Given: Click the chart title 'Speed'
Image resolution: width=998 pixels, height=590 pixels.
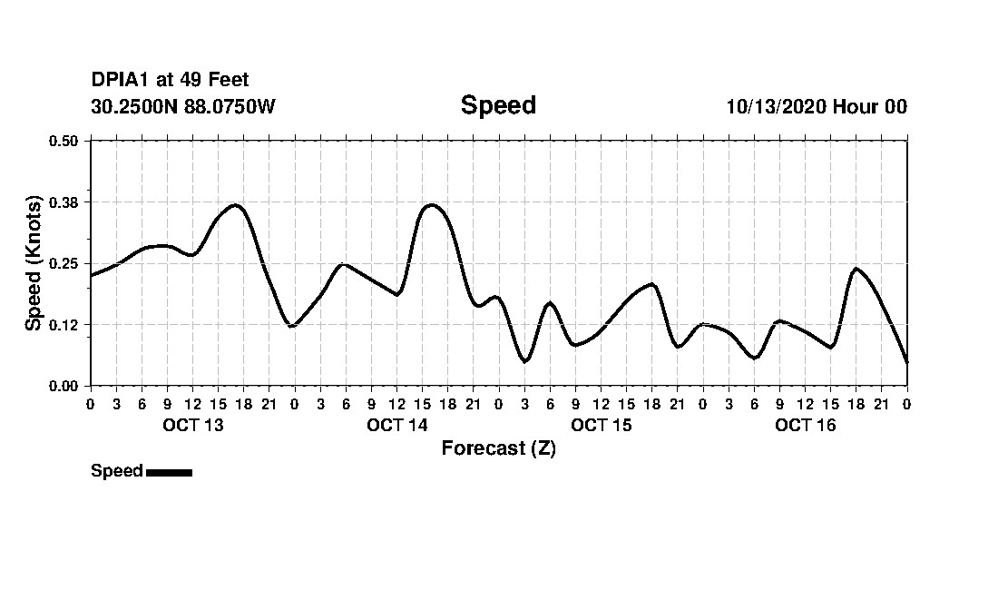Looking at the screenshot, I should click(498, 105).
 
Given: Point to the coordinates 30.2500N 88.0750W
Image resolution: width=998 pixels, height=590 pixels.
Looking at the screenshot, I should click(182, 106).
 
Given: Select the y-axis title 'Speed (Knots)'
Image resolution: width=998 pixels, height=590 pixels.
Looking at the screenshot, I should click(34, 262).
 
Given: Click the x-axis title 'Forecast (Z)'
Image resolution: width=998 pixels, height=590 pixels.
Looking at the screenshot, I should click(498, 448).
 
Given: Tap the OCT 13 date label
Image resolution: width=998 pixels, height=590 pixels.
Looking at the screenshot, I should click(192, 425).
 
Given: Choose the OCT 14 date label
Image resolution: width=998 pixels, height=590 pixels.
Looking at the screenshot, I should click(396, 425).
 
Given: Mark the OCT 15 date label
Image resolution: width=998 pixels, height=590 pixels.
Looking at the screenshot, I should click(601, 425).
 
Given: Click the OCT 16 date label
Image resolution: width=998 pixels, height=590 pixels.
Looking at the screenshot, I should click(805, 425).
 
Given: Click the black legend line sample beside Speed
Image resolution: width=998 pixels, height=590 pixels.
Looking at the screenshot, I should click(169, 472).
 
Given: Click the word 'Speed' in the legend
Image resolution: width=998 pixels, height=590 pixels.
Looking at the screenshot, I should click(117, 471).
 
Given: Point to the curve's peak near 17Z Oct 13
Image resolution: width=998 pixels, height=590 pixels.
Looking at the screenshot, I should click(236, 205).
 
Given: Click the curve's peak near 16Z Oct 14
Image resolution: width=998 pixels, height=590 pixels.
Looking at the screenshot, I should click(431, 205).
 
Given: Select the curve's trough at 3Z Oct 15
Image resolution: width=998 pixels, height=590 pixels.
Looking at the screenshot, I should click(524, 361).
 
